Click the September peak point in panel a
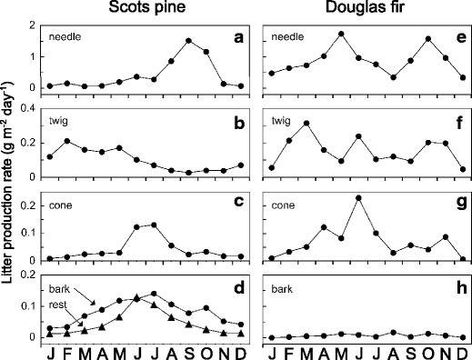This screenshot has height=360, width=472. coord(189,41)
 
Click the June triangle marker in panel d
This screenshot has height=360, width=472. coord(136,297)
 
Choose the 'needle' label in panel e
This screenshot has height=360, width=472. coord(286,38)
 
